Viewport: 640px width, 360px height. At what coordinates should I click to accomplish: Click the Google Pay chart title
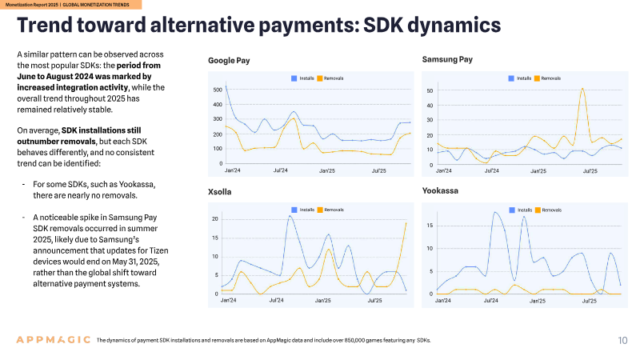[229, 61]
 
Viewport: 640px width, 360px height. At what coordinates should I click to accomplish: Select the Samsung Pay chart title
[447, 59]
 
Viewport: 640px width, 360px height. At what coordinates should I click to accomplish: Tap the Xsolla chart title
[219, 192]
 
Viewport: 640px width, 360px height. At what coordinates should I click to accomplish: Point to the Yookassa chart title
[440, 190]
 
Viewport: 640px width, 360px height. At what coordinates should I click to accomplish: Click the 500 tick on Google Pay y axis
[218, 90]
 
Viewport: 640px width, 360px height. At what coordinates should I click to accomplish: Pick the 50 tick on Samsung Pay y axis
[430, 90]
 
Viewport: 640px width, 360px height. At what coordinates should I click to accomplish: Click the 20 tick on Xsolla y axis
[215, 218]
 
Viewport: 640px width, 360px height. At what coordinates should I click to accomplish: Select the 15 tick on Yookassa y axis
[430, 226]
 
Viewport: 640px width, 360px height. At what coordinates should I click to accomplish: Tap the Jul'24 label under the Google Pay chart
[281, 170]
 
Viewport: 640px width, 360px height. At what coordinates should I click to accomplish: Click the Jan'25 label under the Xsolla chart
[323, 301]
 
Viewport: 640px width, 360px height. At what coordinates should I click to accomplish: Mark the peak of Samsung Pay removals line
[582, 88]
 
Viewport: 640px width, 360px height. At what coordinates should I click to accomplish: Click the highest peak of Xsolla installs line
[290, 216]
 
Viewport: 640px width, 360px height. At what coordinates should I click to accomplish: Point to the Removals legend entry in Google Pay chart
[330, 78]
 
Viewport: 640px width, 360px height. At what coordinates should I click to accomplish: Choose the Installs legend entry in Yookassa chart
[521, 210]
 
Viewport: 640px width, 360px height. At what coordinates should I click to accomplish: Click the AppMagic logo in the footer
[53, 339]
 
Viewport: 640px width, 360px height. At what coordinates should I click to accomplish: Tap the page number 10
[622, 341]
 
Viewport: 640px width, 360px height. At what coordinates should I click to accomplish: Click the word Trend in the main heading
[46, 25]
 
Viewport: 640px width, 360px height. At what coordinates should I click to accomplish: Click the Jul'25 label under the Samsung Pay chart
[590, 171]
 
